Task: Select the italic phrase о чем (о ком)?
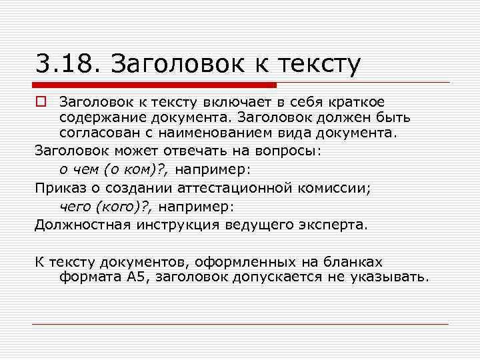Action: (115, 169)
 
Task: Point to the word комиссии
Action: (336, 188)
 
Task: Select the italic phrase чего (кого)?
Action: (111, 206)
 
